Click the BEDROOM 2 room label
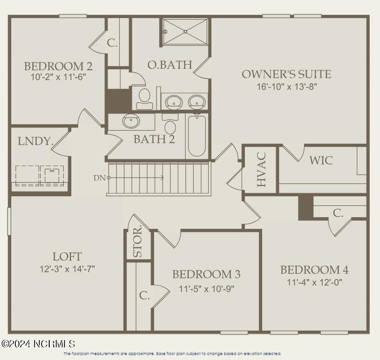[58, 66]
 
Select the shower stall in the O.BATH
[185, 32]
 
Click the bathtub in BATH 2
[197, 136]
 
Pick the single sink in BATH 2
[131, 121]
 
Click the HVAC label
[262, 170]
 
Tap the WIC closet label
[321, 160]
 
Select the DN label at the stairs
[99, 178]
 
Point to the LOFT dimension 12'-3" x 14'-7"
[67, 269]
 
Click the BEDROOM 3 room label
[206, 274]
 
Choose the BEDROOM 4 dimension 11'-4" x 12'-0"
[314, 282]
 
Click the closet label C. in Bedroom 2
[112, 43]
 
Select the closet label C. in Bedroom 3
[144, 296]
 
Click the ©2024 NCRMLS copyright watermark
[38, 344]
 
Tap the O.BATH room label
[169, 65]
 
